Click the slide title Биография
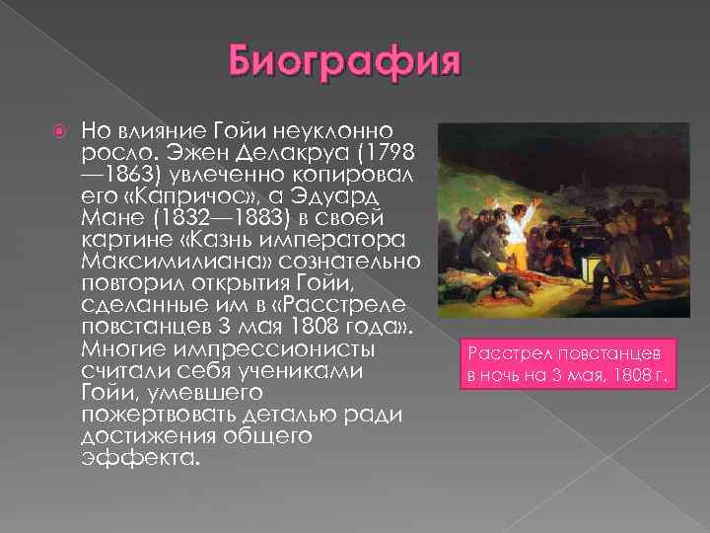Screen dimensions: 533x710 [344, 64]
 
